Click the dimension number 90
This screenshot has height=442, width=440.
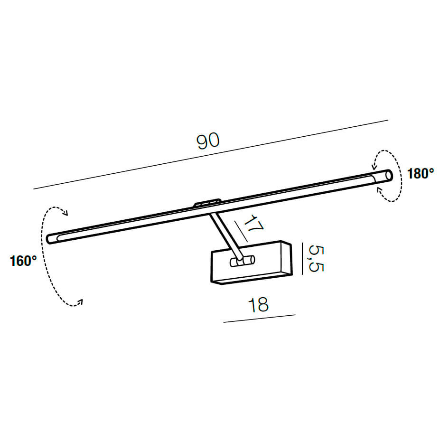click(208, 141)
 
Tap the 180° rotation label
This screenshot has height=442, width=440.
click(421, 174)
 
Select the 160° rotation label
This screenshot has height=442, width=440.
click(23, 261)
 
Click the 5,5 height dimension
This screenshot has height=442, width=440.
click(316, 258)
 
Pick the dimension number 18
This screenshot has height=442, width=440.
click(258, 304)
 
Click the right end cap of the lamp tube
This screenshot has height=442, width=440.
click(389, 175)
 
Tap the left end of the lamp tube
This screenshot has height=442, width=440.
click(50, 239)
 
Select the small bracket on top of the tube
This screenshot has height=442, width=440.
click(207, 203)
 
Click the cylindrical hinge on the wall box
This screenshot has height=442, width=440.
click(243, 261)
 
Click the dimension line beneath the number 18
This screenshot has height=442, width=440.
click(260, 318)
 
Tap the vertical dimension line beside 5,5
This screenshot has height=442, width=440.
click(302, 259)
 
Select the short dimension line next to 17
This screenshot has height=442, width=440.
click(241, 231)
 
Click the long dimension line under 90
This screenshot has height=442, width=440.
click(211, 154)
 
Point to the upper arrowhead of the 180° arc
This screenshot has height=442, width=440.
click(374, 166)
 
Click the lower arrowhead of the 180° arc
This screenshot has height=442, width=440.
click(380, 190)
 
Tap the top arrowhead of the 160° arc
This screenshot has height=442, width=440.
click(65, 212)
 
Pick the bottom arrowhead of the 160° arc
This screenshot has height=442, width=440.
click(80, 302)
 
